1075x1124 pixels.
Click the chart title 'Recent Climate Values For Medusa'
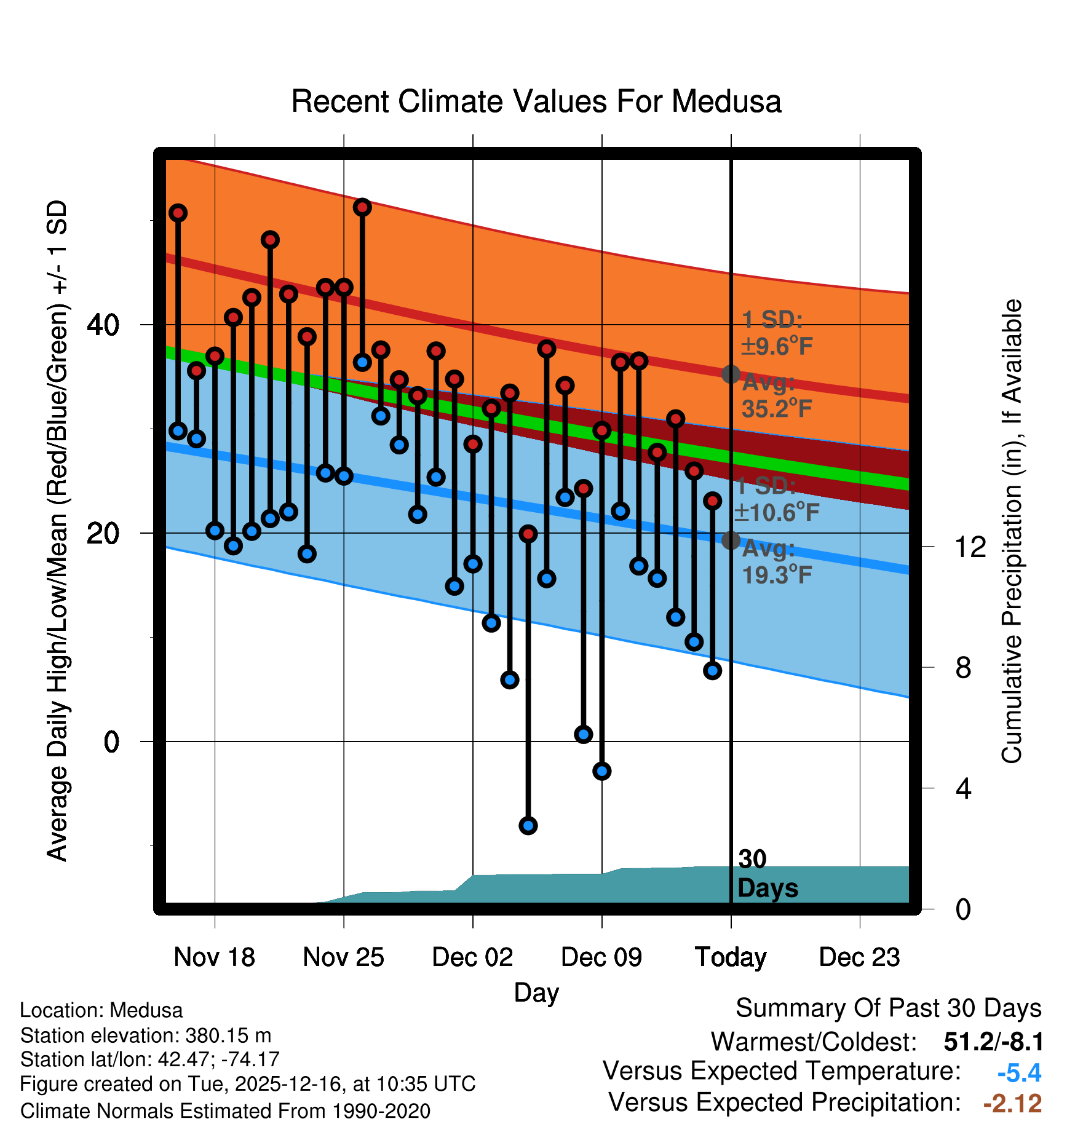click(536, 101)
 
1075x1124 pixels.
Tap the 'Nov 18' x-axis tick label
click(214, 957)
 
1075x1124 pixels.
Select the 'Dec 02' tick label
click(472, 957)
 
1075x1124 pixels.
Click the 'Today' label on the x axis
click(731, 957)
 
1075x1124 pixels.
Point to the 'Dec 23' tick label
click(859, 957)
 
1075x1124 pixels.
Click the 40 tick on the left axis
click(103, 325)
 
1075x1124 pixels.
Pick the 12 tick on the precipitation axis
click(970, 547)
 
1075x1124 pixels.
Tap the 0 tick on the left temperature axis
click(111, 742)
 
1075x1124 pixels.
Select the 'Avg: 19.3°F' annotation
click(776, 562)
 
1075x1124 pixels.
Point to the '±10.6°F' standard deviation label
click(777, 512)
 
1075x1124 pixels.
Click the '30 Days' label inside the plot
click(767, 874)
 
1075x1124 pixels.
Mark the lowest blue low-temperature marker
click(528, 825)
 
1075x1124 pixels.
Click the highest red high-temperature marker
click(362, 207)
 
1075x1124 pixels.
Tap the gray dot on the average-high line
click(731, 374)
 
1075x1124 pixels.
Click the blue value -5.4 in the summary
click(1019, 1073)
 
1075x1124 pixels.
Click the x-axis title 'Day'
click(536, 992)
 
